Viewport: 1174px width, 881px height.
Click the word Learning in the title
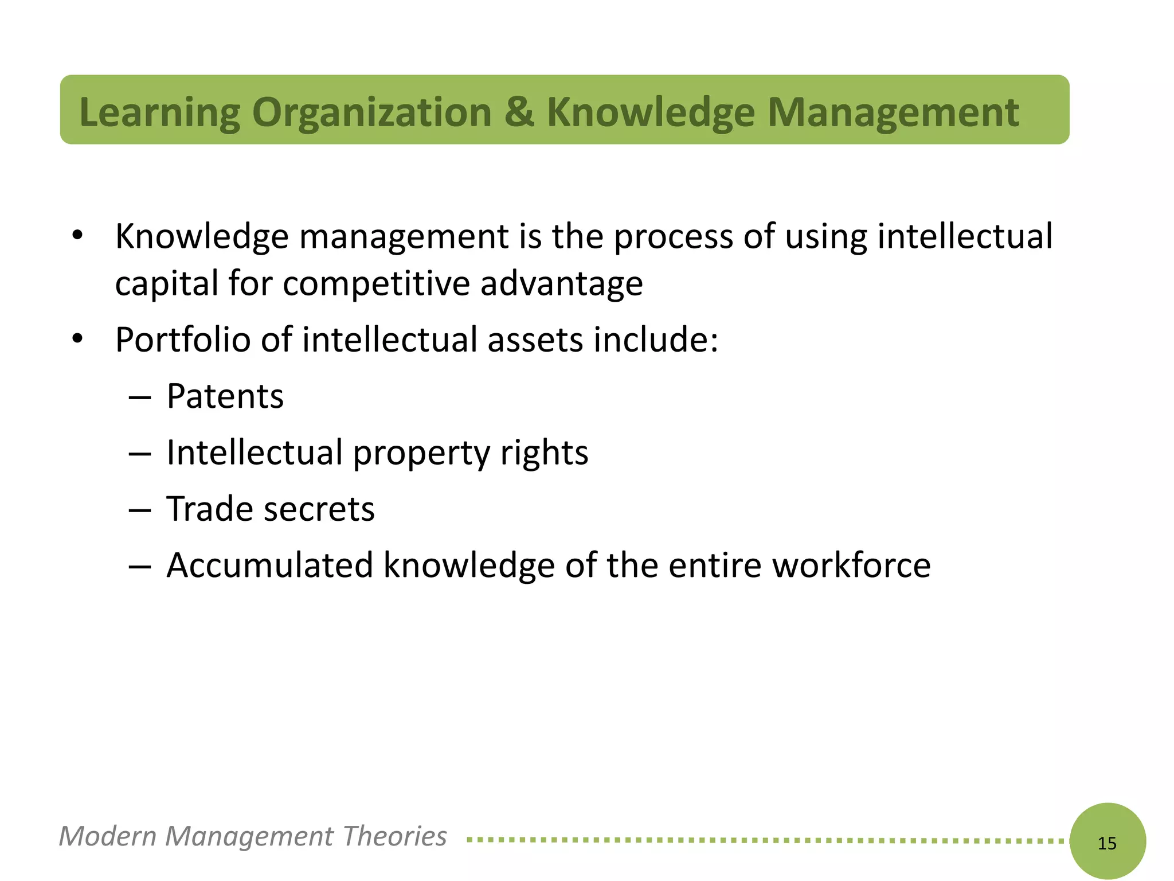coord(160,112)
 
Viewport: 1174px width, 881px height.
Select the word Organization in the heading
coord(371,112)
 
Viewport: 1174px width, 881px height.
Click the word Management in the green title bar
coord(893,112)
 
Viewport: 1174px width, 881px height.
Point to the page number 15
coord(1107,843)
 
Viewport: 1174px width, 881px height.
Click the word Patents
coord(225,396)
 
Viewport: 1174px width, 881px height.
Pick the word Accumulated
coord(269,565)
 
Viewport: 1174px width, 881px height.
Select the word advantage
coord(562,283)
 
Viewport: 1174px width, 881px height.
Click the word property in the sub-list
coord(421,453)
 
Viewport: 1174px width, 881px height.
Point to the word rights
coord(544,453)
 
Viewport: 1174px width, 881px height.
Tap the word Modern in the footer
coord(107,836)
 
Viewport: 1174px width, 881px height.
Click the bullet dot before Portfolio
coord(78,338)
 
